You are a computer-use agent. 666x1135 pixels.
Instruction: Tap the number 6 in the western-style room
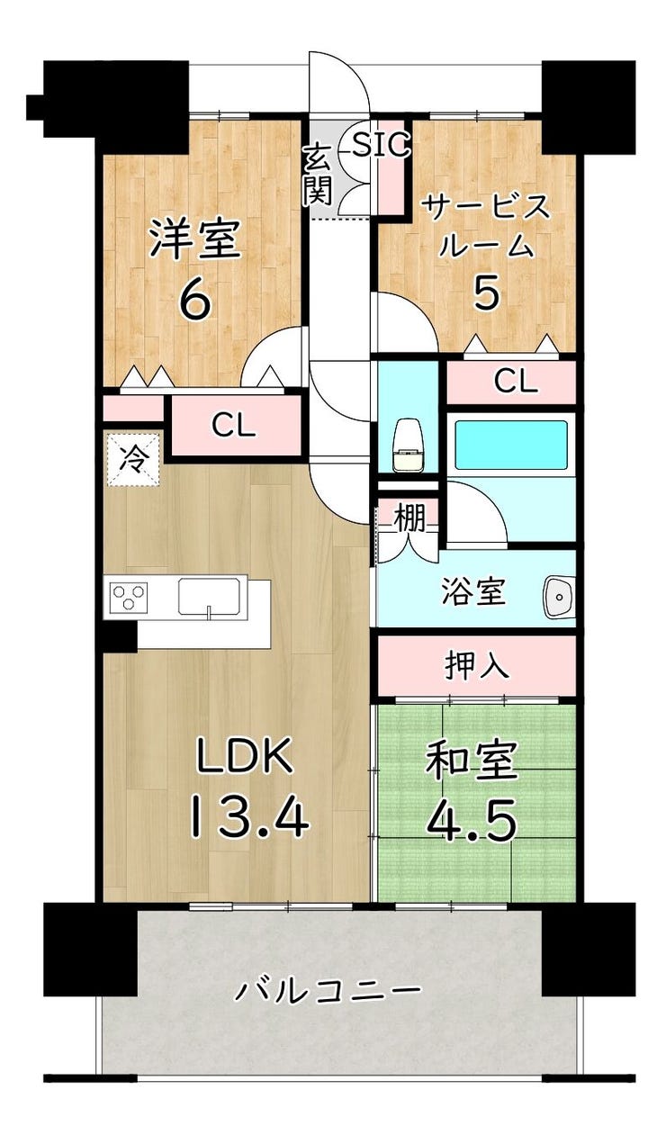pyautogui.click(x=195, y=300)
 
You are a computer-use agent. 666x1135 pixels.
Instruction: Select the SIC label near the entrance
pyautogui.click(x=381, y=144)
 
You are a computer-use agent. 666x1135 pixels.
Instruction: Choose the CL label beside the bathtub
pyautogui.click(x=516, y=382)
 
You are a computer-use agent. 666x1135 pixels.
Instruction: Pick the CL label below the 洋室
pyautogui.click(x=234, y=425)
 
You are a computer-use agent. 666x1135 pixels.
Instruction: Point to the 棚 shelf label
pyautogui.click(x=409, y=517)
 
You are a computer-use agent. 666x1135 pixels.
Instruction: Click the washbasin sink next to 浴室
pyautogui.click(x=559, y=597)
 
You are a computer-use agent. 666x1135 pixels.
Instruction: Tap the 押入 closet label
pyautogui.click(x=476, y=664)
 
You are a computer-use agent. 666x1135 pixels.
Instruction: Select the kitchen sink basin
pyautogui.click(x=211, y=596)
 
